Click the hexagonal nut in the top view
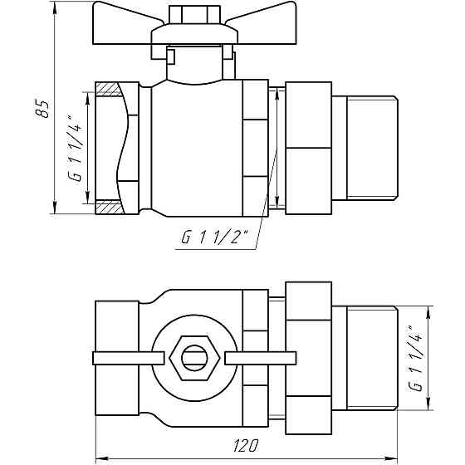pyautogui.click(x=194, y=359)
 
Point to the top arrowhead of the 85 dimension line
pyautogui.click(x=55, y=10)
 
